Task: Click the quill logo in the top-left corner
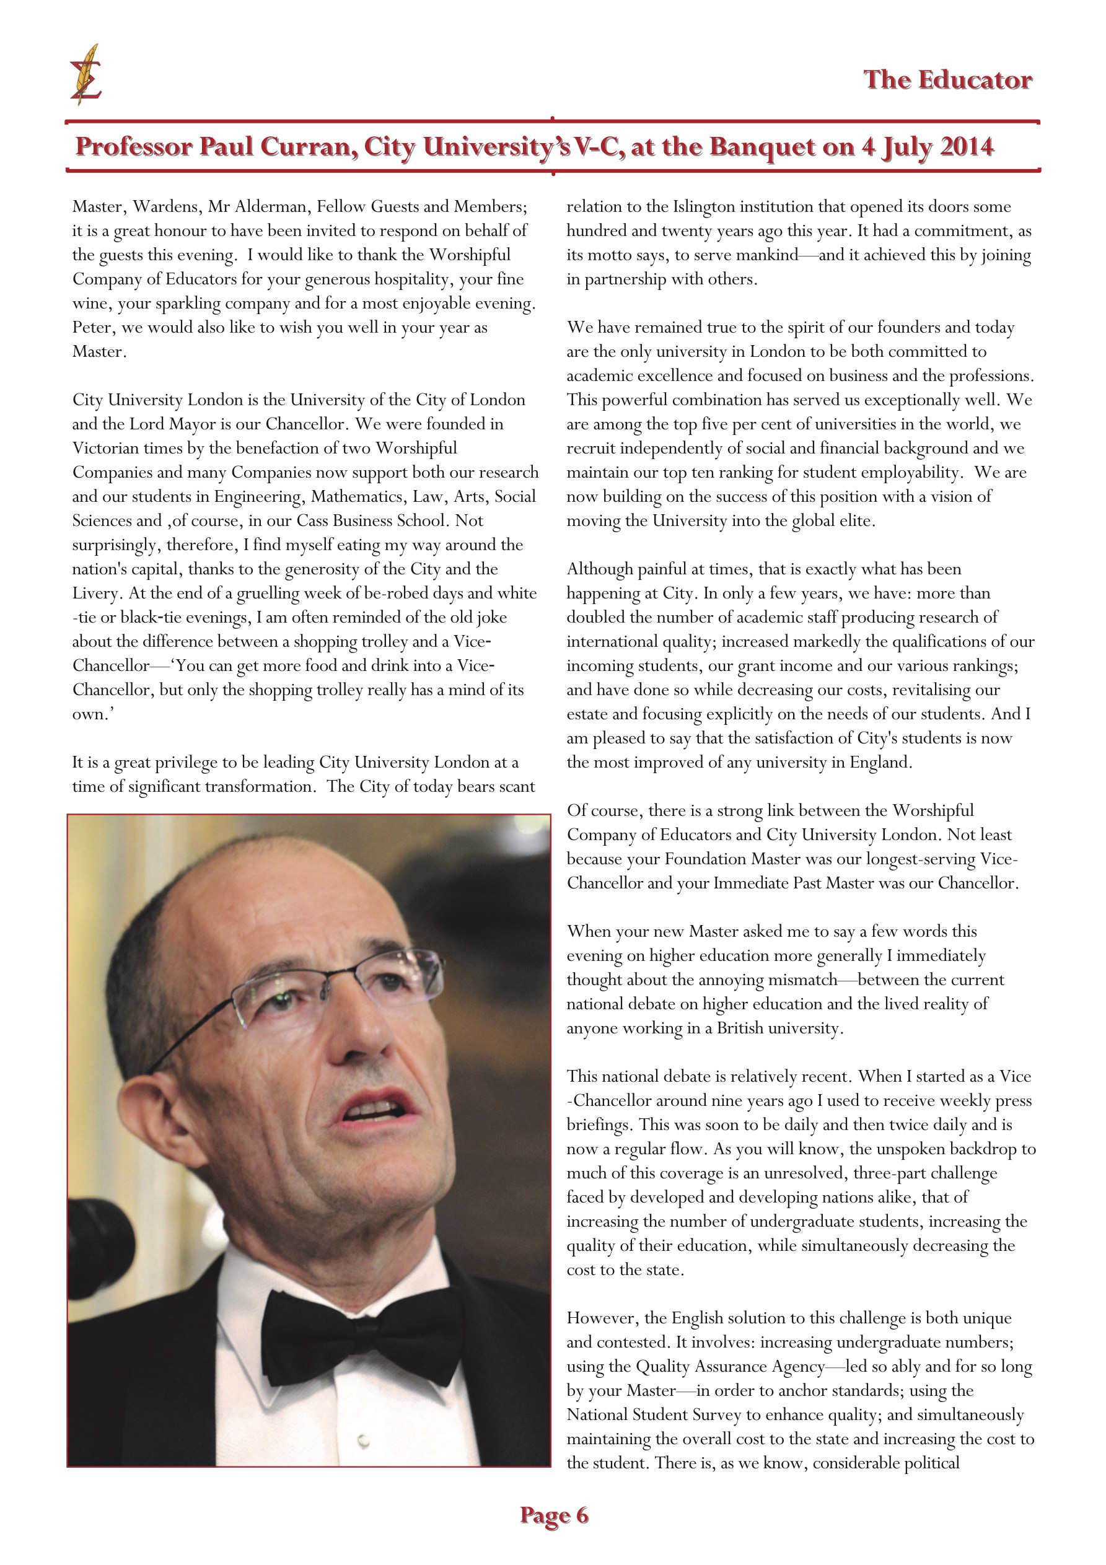(86, 75)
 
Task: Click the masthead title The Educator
(948, 81)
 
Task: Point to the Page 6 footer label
(554, 1515)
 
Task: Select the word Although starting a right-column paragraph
(599, 569)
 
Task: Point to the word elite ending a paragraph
(854, 522)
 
